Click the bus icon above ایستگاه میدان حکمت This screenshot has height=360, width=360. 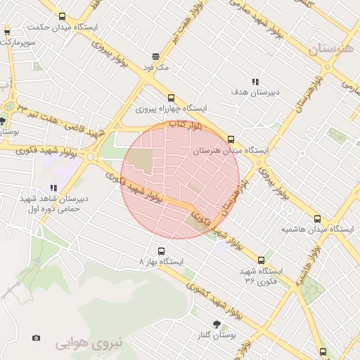click(63, 16)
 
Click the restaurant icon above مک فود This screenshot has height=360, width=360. click(155, 57)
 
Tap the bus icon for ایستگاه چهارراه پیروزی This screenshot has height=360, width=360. click(171, 98)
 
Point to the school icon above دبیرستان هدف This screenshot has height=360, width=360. click(256, 82)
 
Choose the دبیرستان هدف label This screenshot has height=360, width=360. click(256, 92)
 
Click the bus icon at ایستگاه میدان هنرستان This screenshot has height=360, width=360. click(231, 139)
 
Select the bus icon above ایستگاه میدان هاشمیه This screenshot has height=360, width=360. click(317, 218)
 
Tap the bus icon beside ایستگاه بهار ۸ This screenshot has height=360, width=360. click(161, 250)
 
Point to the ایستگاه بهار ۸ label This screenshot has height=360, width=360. click(161, 262)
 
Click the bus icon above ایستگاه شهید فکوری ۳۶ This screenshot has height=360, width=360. click(262, 260)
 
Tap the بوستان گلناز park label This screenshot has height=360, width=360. click(215, 336)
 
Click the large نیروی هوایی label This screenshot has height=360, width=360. click(89, 343)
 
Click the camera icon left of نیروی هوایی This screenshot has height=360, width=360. click(36, 337)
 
